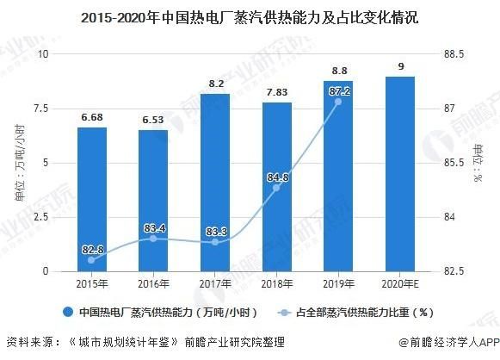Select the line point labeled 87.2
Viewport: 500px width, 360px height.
click(338, 102)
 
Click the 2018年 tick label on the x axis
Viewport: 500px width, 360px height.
click(276, 284)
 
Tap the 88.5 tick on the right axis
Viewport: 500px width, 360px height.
click(454, 54)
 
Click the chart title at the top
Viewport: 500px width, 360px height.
click(250, 16)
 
